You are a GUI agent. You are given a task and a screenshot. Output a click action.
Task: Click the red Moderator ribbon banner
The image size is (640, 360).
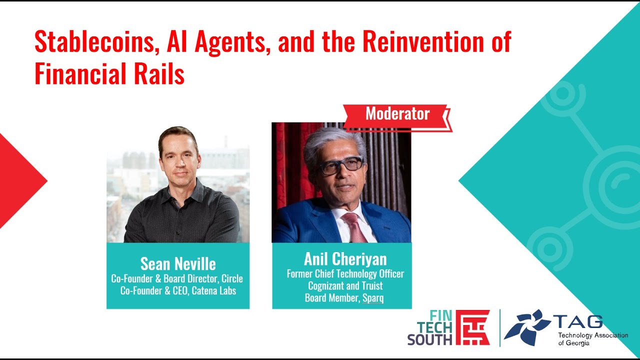[x=397, y=114]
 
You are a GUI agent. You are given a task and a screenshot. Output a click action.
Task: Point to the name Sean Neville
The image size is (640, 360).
[x=178, y=263]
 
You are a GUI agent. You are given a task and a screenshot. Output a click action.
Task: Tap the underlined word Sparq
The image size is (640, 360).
[x=373, y=298]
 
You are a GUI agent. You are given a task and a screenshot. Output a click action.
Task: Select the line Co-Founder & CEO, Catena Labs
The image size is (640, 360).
[x=178, y=290]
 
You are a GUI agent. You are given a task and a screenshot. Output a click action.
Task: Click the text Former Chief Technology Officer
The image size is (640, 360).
[x=345, y=274]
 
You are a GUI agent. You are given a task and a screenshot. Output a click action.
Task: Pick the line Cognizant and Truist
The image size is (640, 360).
[x=345, y=286]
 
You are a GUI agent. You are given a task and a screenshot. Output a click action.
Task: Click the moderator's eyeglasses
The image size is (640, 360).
[x=342, y=165]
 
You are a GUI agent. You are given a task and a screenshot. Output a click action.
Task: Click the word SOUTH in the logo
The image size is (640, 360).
[x=429, y=339]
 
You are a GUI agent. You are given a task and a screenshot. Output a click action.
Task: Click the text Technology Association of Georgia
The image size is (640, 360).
[x=592, y=338]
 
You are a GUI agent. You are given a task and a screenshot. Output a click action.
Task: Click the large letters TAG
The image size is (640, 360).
[x=578, y=321]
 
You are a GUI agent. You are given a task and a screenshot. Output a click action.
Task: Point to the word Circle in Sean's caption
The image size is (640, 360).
[x=232, y=278]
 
